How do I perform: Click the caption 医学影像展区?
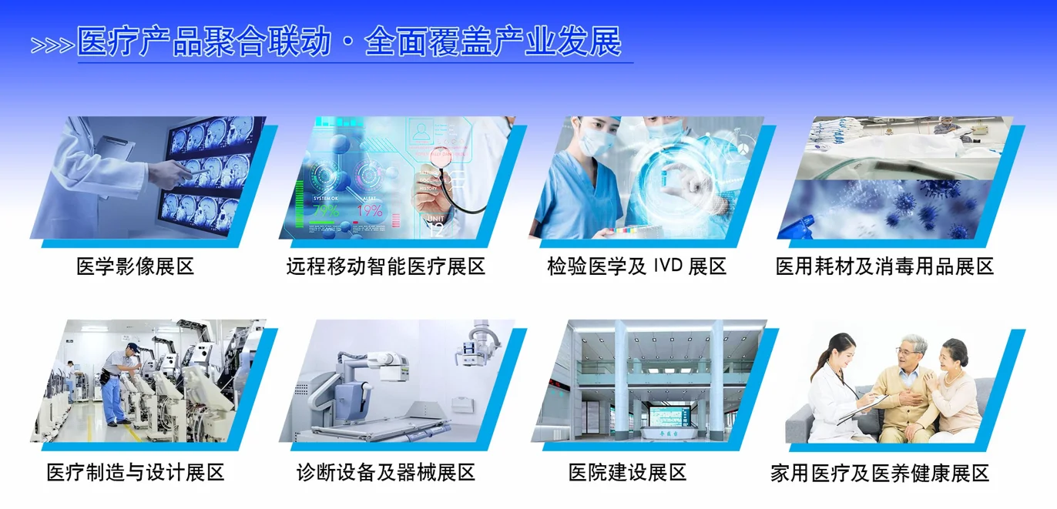click(135, 266)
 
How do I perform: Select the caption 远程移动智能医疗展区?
click(385, 266)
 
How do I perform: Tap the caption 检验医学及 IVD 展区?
click(636, 266)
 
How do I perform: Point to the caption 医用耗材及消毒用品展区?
click(884, 266)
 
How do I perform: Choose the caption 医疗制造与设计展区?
click(135, 472)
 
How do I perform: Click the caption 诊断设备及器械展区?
click(385, 472)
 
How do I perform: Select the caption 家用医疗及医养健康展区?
click(879, 473)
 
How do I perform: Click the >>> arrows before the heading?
click(52, 45)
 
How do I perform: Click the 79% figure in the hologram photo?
click(326, 210)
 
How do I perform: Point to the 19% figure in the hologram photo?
click(370, 210)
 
